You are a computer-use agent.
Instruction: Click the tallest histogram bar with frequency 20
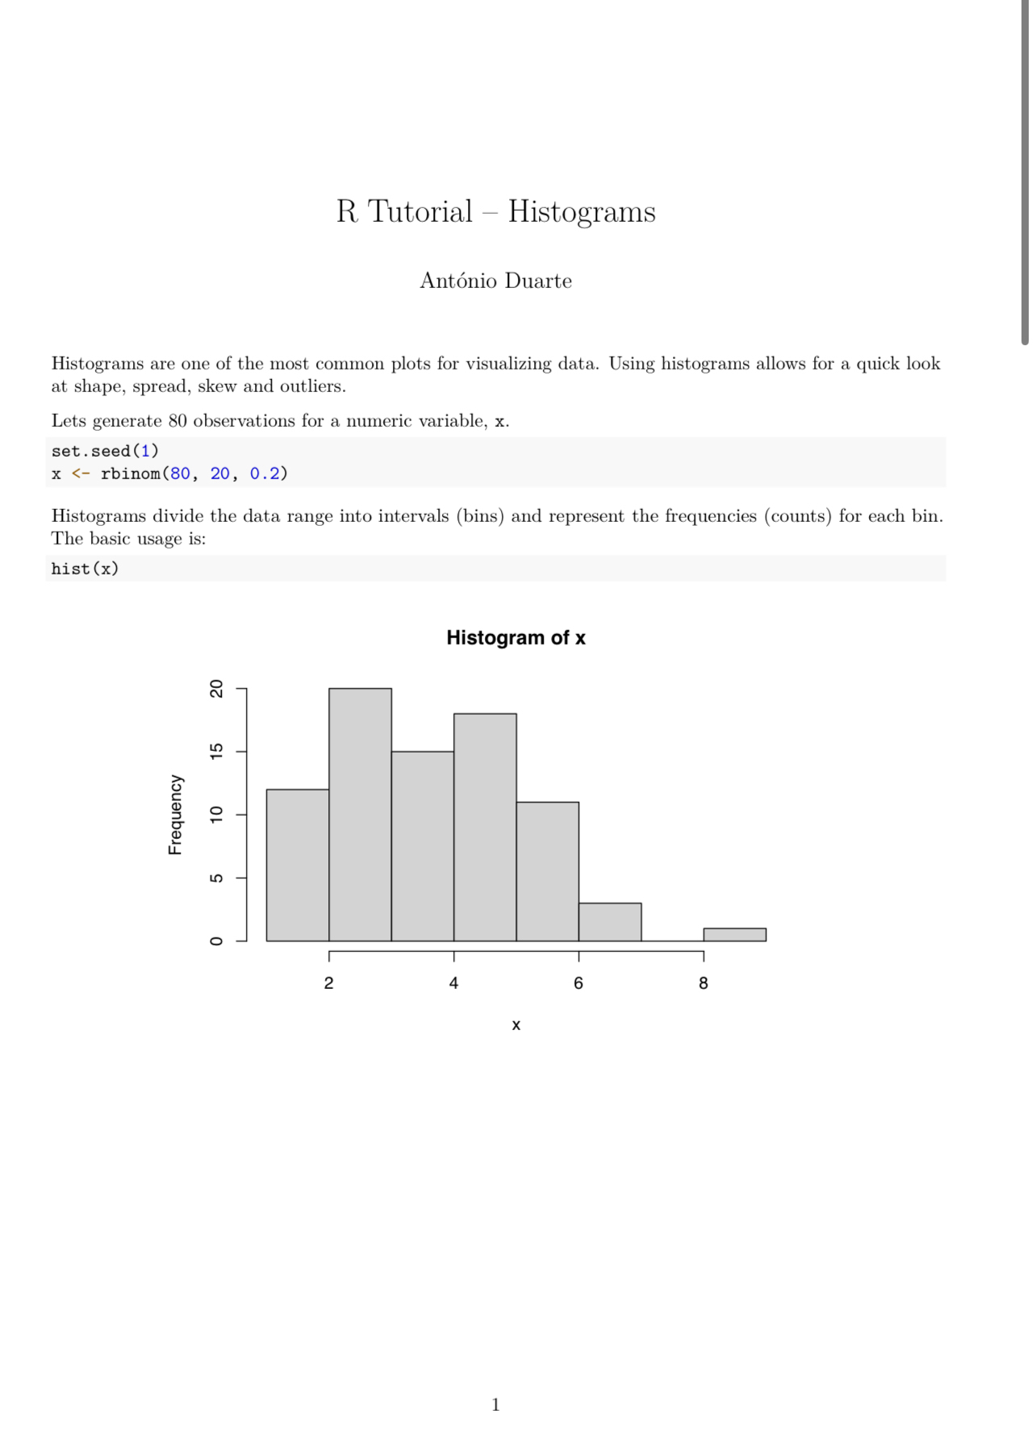360,815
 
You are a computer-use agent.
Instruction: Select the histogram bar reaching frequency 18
485,827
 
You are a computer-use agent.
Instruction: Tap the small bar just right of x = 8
734,934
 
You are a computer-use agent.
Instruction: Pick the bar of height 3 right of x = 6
610,922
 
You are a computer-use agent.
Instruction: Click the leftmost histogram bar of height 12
298,865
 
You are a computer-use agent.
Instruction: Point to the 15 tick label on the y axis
216,752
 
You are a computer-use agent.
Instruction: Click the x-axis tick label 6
579,983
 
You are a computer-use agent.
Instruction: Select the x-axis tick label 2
328,983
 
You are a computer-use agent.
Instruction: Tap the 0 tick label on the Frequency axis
216,941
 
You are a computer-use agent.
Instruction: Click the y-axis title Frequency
175,815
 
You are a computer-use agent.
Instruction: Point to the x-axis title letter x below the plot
516,1025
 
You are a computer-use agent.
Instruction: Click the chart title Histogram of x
516,638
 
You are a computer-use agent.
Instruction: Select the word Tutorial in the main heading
420,212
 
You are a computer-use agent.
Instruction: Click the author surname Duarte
538,281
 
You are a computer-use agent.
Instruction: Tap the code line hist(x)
85,569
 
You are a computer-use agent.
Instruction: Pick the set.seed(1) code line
105,451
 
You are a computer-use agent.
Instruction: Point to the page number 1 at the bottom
495,1404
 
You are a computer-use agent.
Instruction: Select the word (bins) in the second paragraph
480,516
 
